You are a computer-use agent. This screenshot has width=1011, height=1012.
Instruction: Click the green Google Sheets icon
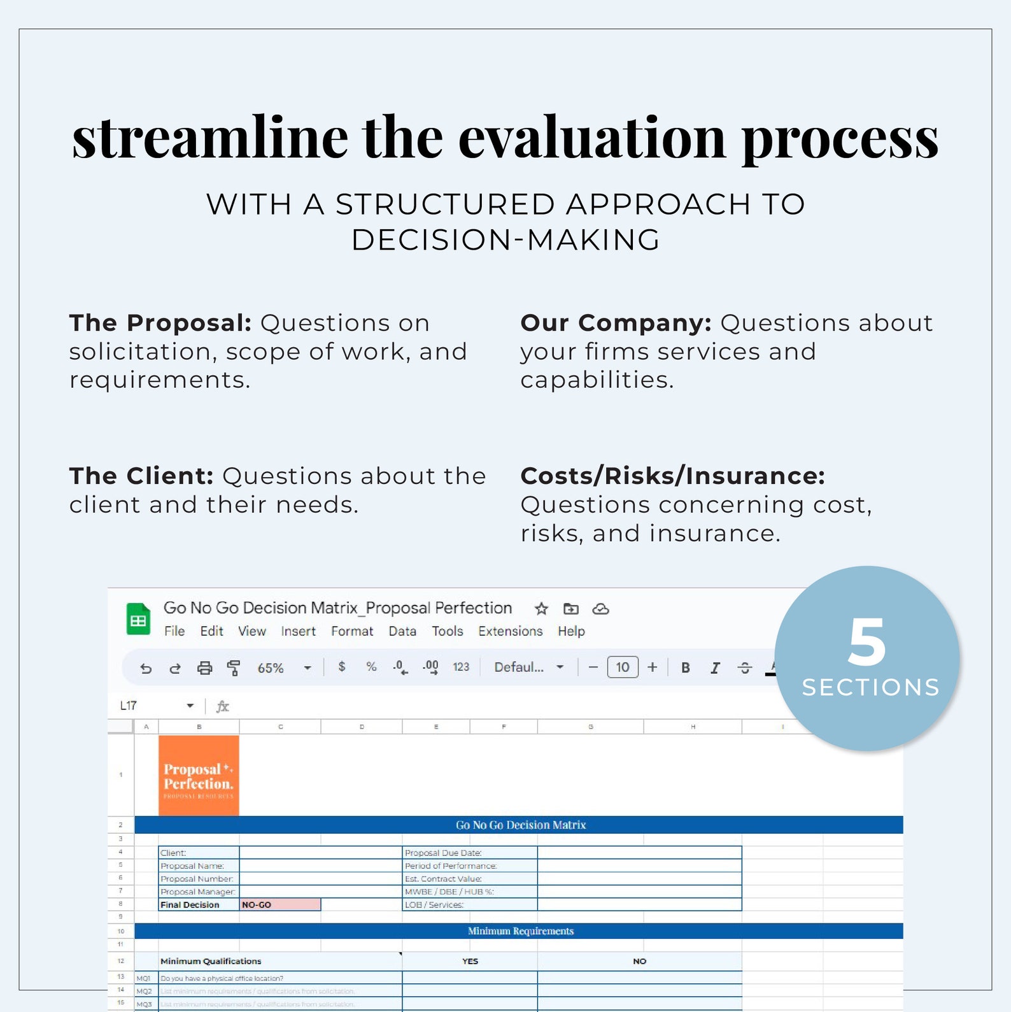click(x=138, y=619)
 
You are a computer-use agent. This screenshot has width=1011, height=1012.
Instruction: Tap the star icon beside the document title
click(x=541, y=609)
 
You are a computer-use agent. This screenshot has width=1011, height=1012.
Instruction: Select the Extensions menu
click(x=510, y=631)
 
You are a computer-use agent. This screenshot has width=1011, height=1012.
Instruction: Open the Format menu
click(x=351, y=631)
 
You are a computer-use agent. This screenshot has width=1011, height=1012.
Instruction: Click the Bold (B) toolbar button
click(x=686, y=667)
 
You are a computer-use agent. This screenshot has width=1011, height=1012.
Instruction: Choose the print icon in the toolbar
click(x=204, y=668)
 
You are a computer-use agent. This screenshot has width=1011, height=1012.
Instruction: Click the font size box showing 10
click(x=622, y=667)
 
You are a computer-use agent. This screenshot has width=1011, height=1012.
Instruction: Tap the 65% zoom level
click(x=271, y=668)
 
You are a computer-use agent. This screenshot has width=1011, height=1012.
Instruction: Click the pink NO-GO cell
click(x=280, y=904)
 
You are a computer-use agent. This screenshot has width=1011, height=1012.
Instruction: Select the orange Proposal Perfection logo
click(x=199, y=776)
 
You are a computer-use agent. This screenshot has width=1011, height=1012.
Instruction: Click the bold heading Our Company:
click(x=615, y=323)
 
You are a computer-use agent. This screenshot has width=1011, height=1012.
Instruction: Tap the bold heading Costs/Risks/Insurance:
click(x=672, y=476)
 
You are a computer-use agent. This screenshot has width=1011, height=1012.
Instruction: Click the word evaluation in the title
click(x=591, y=138)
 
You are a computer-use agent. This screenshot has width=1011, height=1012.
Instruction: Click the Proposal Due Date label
click(x=444, y=853)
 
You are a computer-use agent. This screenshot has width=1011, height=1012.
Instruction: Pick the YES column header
click(x=470, y=961)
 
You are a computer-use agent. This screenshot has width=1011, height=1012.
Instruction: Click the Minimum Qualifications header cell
click(x=211, y=961)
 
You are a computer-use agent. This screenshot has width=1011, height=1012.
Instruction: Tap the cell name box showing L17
click(x=129, y=706)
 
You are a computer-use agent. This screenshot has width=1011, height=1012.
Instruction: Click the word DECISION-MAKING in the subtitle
click(x=505, y=240)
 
